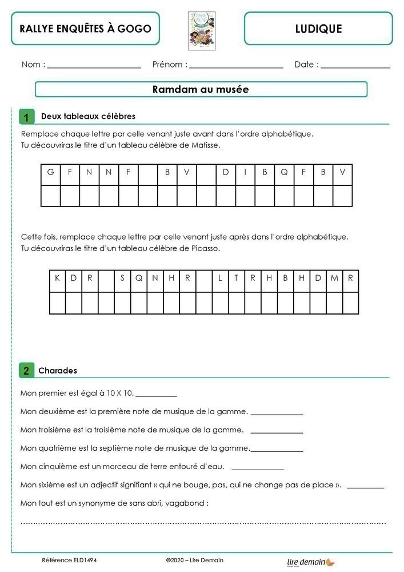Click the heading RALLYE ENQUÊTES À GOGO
click(x=85, y=29)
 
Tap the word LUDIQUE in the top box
click(x=318, y=29)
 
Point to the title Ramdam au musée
click(x=201, y=90)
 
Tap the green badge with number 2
click(x=26, y=370)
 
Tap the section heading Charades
click(x=58, y=371)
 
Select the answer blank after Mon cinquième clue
click(x=257, y=468)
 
